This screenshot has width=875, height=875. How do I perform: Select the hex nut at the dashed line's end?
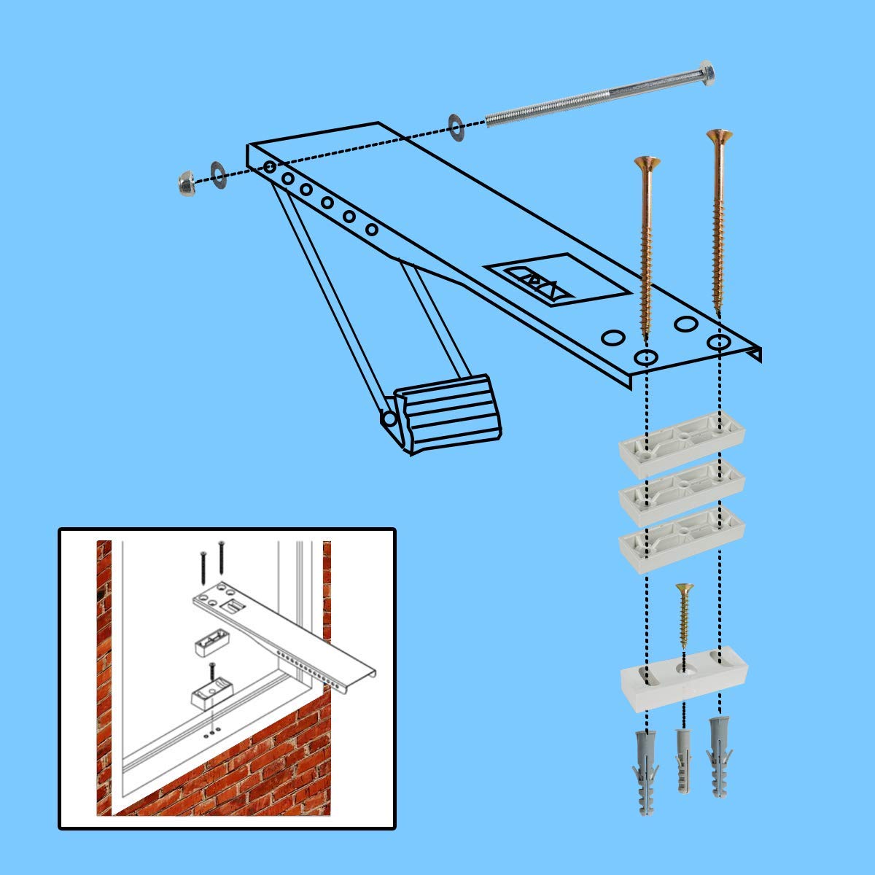click(x=186, y=183)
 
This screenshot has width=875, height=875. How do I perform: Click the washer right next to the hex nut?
click(x=219, y=171)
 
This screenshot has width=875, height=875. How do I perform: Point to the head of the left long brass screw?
click(x=647, y=161)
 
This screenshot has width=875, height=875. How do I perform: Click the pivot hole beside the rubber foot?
click(x=389, y=419)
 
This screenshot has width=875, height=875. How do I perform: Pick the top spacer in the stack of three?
click(x=681, y=437)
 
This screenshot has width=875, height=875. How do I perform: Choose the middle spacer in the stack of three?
click(x=681, y=483)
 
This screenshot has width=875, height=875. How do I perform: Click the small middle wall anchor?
click(x=684, y=758)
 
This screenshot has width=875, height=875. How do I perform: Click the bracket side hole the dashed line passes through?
click(x=270, y=168)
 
